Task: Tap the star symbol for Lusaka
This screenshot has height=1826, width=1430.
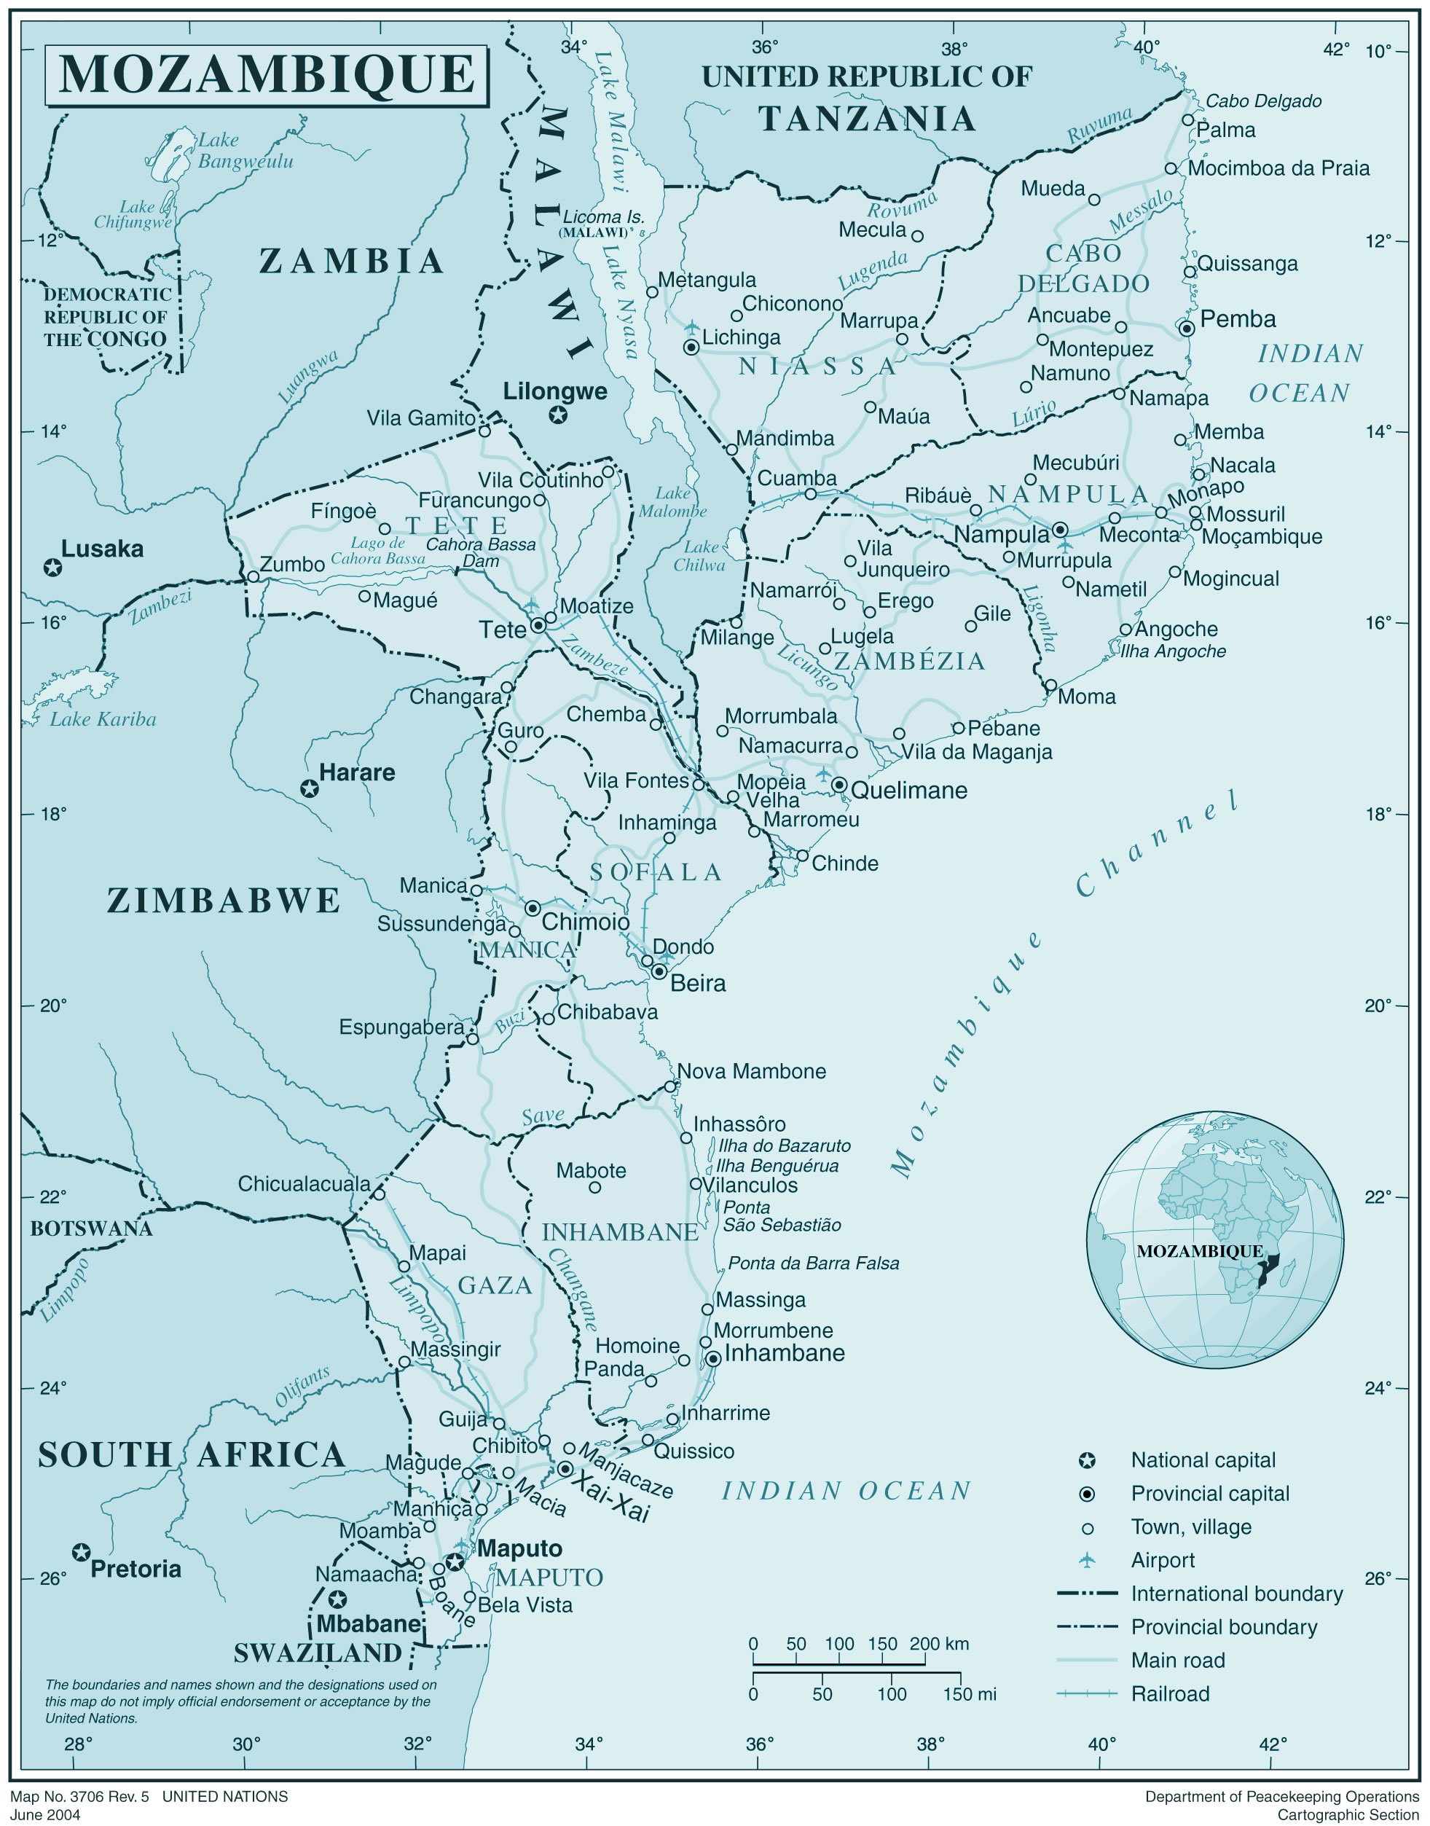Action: [52, 568]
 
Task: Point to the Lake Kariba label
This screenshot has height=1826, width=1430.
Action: [102, 719]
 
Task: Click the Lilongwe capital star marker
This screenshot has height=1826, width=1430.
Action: [557, 415]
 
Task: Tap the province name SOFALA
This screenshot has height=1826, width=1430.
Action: [656, 872]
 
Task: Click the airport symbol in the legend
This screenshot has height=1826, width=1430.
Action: [1087, 1560]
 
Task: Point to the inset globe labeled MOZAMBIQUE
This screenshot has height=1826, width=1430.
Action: [1215, 1240]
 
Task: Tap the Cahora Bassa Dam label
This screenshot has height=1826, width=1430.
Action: [481, 552]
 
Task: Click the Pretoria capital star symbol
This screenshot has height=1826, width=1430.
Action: [80, 1553]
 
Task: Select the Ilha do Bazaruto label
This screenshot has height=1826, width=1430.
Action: [785, 1145]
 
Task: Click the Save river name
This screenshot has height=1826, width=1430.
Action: [543, 1116]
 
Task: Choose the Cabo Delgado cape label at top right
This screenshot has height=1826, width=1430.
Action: [1262, 101]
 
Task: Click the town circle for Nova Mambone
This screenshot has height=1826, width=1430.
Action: [669, 1086]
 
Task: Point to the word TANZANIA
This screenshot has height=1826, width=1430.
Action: [868, 119]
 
